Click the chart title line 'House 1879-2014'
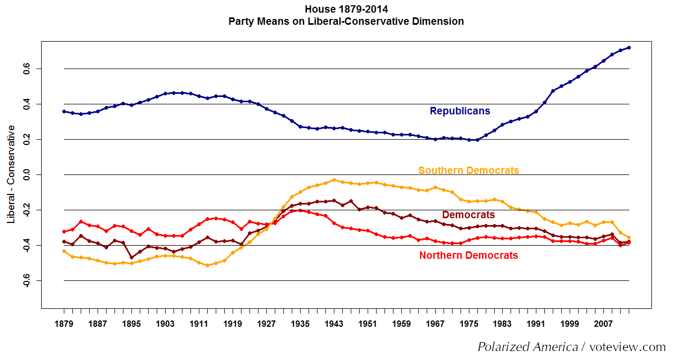pyautogui.click(x=346, y=9)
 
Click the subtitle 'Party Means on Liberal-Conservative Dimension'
pyautogui.click(x=346, y=22)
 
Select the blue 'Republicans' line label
pyautogui.click(x=460, y=111)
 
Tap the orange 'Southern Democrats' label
pyautogui.click(x=468, y=170)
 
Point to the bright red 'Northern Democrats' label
pyautogui.click(x=468, y=256)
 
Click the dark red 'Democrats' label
pyautogui.click(x=468, y=215)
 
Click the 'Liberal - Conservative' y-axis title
pyautogui.click(x=11, y=174)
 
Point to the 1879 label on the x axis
pyautogui.click(x=64, y=324)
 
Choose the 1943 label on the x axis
pyautogui.click(x=334, y=324)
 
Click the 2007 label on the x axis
pyautogui.click(x=604, y=324)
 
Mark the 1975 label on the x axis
pyautogui.click(x=469, y=324)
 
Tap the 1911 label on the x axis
pyautogui.click(x=199, y=324)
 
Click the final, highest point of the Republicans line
pyautogui.click(x=629, y=47)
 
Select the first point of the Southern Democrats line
pyautogui.click(x=64, y=251)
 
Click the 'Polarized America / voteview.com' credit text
pyautogui.click(x=572, y=347)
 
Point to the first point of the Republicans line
pyautogui.click(x=64, y=111)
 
